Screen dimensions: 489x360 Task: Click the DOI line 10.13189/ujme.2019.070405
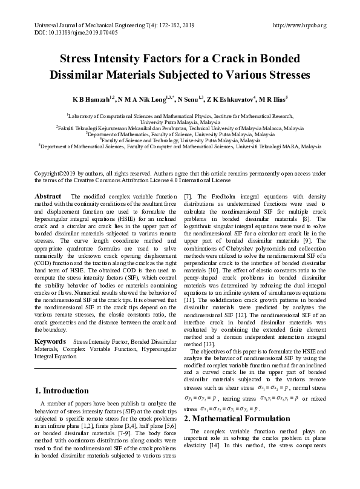61,33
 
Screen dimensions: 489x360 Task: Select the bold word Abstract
48,196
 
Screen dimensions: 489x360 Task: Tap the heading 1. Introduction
63,390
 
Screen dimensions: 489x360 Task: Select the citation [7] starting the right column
188,197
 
